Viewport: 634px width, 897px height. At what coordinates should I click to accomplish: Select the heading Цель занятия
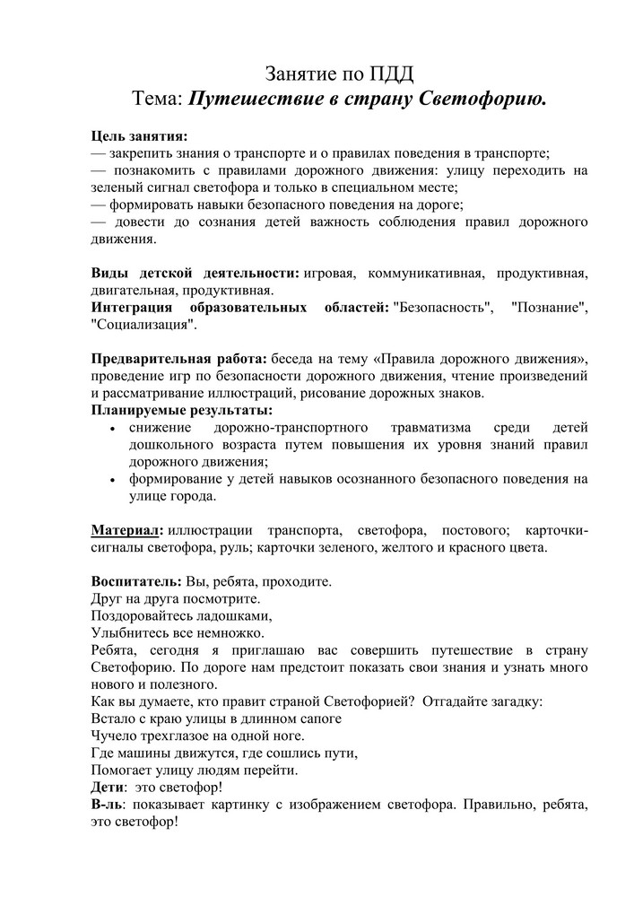click(x=139, y=136)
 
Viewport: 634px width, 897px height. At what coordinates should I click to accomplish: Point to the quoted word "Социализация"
click(x=143, y=325)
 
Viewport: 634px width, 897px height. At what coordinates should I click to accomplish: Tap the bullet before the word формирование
click(x=110, y=480)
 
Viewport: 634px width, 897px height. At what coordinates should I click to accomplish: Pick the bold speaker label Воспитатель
click(x=136, y=580)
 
